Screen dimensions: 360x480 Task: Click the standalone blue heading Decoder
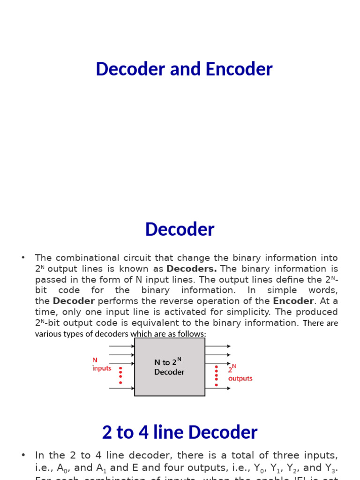(x=180, y=229)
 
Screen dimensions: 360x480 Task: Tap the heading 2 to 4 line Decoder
(x=180, y=432)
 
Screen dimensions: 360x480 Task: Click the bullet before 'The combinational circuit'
(x=22, y=257)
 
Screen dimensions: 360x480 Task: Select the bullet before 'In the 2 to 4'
(x=22, y=455)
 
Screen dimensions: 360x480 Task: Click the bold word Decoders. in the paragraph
(x=192, y=269)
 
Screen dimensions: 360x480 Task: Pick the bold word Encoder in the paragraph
(x=293, y=301)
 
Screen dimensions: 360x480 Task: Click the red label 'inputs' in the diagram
(x=102, y=368)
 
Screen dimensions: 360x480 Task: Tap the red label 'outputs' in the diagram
(x=240, y=378)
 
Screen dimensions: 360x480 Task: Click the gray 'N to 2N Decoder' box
(x=169, y=367)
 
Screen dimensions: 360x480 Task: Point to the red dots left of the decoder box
(x=120, y=375)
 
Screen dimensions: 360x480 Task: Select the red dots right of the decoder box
(x=216, y=375)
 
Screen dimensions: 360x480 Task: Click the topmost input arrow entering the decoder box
(x=121, y=346)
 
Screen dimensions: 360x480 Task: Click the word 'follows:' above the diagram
(x=190, y=334)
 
